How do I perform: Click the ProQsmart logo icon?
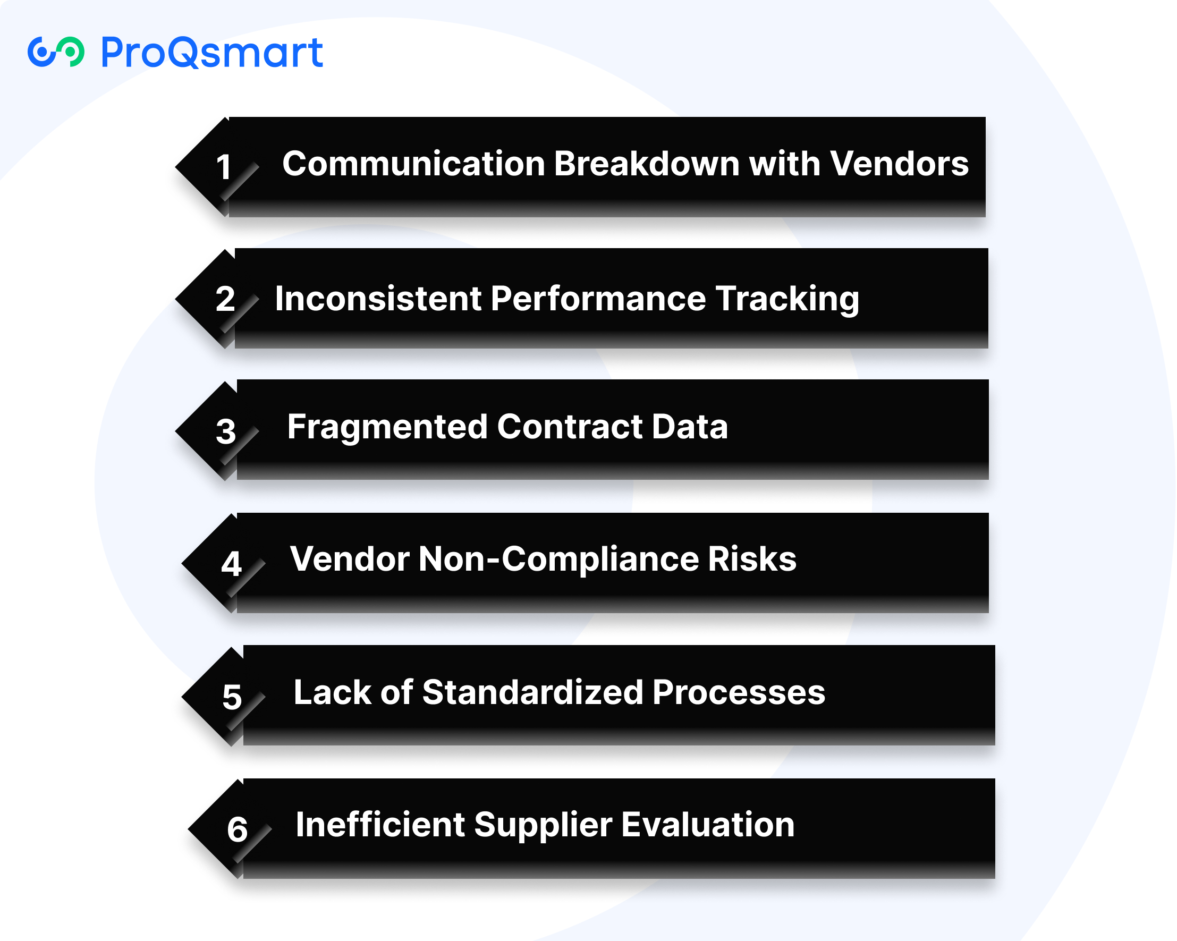point(56,52)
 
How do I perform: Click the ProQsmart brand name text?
point(213,53)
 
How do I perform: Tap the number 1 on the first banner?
point(223,166)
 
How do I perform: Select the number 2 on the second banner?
point(225,299)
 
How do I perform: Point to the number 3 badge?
point(225,431)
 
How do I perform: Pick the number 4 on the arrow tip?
point(232,563)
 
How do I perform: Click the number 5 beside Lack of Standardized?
point(232,697)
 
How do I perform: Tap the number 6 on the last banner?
point(238,829)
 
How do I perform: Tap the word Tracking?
point(788,299)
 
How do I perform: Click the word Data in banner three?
point(690,426)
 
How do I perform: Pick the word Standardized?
point(533,692)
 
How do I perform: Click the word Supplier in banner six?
point(543,825)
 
